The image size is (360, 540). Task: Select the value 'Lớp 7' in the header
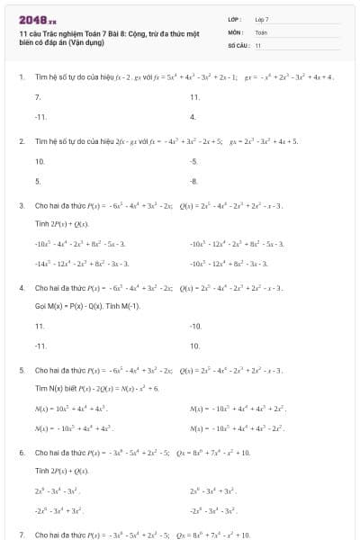point(262,19)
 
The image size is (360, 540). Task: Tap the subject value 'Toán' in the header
point(261,31)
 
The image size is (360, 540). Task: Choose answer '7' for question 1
point(37,96)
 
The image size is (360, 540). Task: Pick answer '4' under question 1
point(193,117)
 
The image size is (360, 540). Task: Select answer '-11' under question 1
point(40,117)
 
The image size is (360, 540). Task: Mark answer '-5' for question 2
point(193,161)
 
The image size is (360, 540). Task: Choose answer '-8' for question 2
point(193,181)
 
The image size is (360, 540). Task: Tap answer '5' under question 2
point(37,181)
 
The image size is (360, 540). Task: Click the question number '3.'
point(22,206)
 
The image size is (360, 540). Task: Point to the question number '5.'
point(22,370)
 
